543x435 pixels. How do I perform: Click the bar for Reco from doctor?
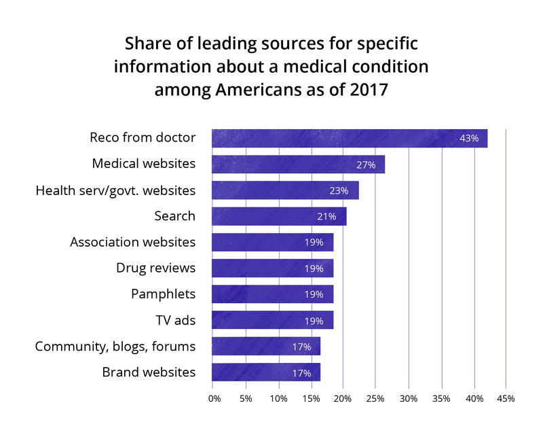[x=350, y=138]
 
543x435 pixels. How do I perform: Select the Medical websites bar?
[x=299, y=164]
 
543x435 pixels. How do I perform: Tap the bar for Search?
[x=279, y=216]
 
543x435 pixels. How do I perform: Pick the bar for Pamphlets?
[x=273, y=294]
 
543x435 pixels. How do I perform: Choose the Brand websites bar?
[x=266, y=372]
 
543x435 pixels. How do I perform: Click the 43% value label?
[x=469, y=139]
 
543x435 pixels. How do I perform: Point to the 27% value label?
[x=366, y=164]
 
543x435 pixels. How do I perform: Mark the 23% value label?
[x=339, y=190]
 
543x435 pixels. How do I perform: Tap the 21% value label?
[x=327, y=217]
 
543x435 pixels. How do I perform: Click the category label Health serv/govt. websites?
[x=115, y=190]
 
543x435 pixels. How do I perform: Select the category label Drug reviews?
[x=155, y=268]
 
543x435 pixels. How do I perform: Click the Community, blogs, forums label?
[x=115, y=346]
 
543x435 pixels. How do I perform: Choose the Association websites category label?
[x=133, y=242]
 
